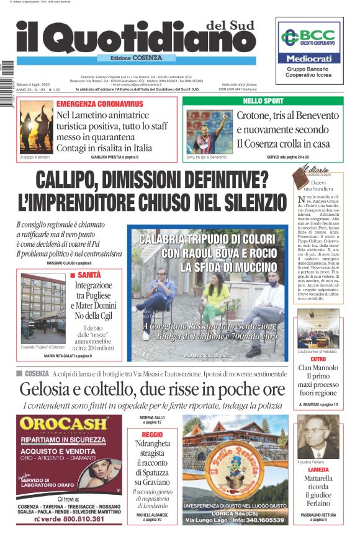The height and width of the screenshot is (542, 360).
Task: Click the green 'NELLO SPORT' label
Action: (x=263, y=100)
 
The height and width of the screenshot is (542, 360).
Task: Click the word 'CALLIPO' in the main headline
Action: (x=73, y=181)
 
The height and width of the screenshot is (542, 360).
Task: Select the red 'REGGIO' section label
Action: (x=152, y=435)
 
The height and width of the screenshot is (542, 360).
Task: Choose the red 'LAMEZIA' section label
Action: (x=318, y=469)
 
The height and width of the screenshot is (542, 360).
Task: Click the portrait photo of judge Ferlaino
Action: (x=318, y=437)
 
